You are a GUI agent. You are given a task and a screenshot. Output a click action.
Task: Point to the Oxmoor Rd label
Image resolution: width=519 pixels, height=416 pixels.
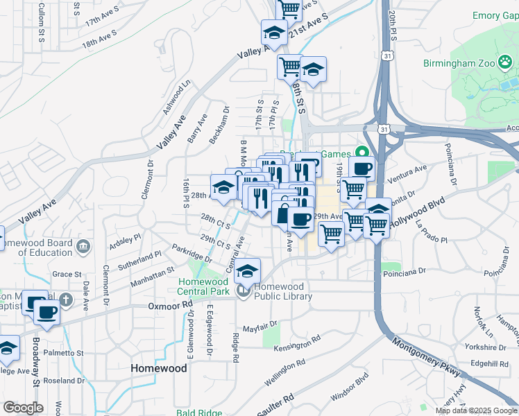pyautogui.click(x=169, y=306)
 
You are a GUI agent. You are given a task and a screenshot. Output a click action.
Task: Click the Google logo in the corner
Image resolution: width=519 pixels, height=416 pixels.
pyautogui.click(x=23, y=407)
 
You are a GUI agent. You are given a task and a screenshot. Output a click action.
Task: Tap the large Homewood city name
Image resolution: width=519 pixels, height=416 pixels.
pyautogui.click(x=159, y=368)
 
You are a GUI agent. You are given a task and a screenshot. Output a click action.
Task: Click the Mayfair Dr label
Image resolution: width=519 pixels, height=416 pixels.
pyautogui.click(x=260, y=324)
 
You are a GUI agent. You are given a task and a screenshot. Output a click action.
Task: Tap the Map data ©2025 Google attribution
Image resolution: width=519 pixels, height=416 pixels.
pyautogui.click(x=476, y=410)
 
